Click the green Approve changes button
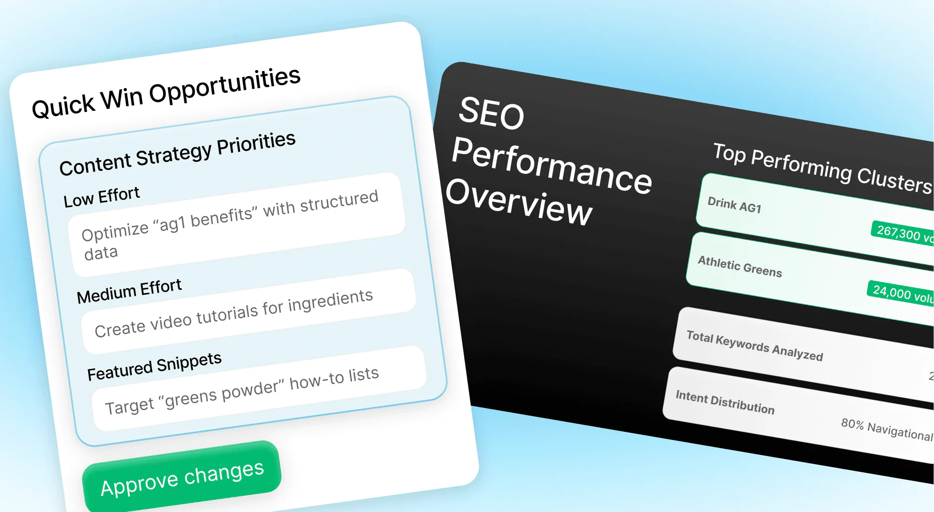[x=182, y=478]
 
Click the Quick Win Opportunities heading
[x=166, y=93]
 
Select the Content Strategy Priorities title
[x=177, y=154]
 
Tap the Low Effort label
[x=101, y=197]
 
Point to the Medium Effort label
[x=129, y=291]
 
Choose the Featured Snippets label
[x=154, y=366]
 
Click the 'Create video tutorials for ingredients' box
[x=249, y=311]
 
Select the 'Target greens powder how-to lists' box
[x=259, y=389]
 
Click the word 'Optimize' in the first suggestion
[x=115, y=232]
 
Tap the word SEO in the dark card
[x=491, y=113]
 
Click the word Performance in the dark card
[x=551, y=166]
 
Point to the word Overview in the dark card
[x=519, y=201]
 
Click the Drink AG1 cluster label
[x=734, y=205]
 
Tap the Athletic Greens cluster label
[x=740, y=267]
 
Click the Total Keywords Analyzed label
[x=754, y=346]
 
